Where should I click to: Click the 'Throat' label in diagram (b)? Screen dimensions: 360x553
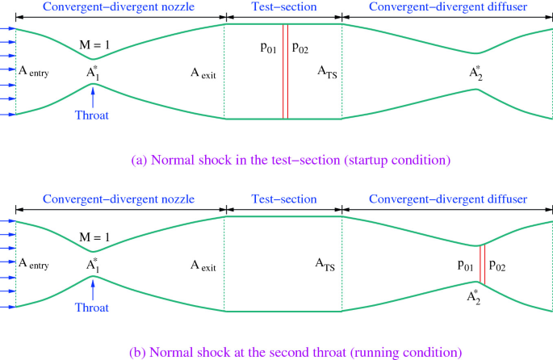click(x=92, y=308)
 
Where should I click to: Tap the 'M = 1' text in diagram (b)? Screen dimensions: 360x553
click(x=94, y=239)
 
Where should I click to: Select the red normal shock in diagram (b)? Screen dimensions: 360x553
click(x=482, y=264)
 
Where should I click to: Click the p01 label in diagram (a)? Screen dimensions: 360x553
click(x=270, y=48)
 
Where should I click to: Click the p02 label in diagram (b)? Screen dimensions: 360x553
click(x=498, y=264)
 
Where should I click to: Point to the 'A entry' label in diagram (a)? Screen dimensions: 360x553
click(x=33, y=72)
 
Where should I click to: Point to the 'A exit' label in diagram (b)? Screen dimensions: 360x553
click(x=203, y=264)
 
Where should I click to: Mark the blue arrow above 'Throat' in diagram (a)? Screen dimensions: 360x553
click(x=94, y=95)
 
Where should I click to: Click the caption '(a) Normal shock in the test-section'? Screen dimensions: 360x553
click(x=291, y=160)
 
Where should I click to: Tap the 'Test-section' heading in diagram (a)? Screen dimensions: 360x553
click(x=283, y=7)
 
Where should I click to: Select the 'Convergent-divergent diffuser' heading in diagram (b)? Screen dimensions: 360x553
click(x=447, y=199)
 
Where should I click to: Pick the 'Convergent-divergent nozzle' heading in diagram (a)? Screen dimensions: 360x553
click(x=118, y=7)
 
